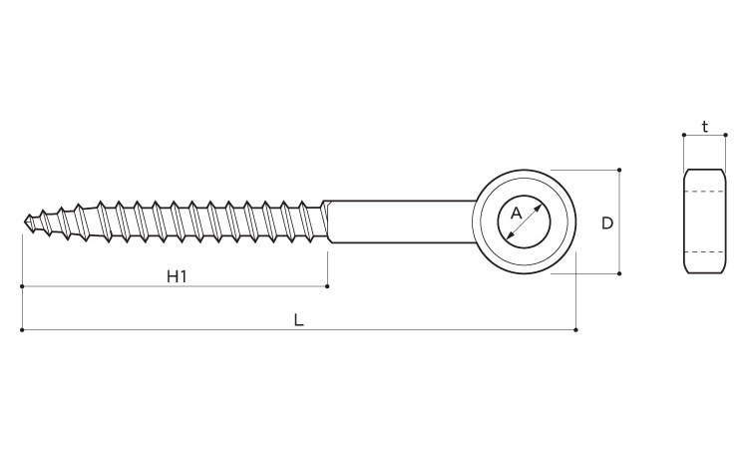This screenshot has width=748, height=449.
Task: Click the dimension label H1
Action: tap(177, 275)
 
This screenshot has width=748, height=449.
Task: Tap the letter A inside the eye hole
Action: tap(516, 213)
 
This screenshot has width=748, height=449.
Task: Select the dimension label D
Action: tap(606, 224)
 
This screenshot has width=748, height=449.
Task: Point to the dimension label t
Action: tap(704, 127)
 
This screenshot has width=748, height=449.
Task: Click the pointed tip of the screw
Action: tap(23, 222)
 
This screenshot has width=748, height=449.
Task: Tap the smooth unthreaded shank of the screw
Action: tap(399, 222)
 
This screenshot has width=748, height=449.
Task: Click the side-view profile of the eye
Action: tap(704, 221)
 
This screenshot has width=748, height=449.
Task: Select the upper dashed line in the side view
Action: tap(704, 191)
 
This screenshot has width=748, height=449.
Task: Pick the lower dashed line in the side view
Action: tap(704, 251)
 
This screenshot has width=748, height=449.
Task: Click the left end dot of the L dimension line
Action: tap(22, 330)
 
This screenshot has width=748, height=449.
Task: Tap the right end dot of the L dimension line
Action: tap(575, 330)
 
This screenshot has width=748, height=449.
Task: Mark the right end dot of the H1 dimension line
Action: tap(328, 286)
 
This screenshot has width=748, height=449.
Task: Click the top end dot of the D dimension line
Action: tap(620, 170)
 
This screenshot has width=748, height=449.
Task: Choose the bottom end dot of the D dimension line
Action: tap(620, 273)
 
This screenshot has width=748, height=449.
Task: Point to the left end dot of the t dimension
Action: tap(684, 135)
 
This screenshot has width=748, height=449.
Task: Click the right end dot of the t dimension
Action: tap(724, 135)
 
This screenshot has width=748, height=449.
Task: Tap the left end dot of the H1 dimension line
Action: tap(22, 286)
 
